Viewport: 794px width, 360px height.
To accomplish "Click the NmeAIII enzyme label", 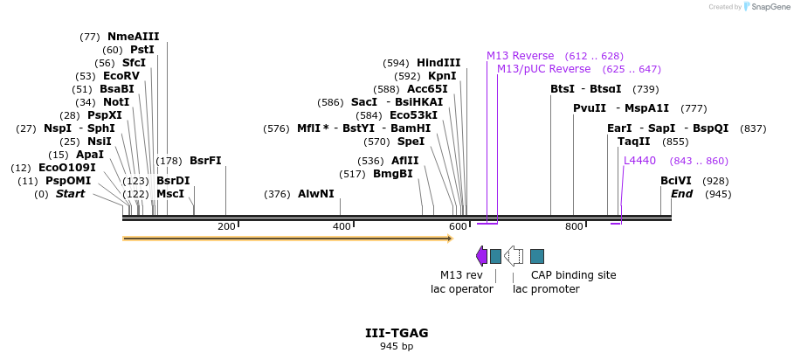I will (x=133, y=37).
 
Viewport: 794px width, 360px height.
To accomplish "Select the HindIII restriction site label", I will (x=438, y=63).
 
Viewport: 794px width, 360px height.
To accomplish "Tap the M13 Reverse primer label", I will (x=521, y=56).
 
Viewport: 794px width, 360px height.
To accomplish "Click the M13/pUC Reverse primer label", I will (x=531, y=69).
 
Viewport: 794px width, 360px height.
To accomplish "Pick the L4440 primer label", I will (x=639, y=161).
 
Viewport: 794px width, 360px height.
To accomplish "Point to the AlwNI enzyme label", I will (x=315, y=194).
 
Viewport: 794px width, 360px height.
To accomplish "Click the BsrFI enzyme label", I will (x=205, y=161).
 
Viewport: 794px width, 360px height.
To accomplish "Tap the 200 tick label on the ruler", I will (x=226, y=227).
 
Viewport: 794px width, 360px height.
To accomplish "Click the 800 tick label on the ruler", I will (x=573, y=227).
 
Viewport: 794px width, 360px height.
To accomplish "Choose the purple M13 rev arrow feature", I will (x=481, y=256).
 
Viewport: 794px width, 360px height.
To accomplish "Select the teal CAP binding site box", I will (x=537, y=256).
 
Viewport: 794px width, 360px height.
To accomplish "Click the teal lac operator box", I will (x=495, y=256).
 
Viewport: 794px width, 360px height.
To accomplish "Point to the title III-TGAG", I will (x=397, y=333).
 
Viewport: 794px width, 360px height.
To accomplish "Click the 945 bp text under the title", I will (x=397, y=347).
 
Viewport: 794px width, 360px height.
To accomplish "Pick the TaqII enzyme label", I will (x=633, y=142).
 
